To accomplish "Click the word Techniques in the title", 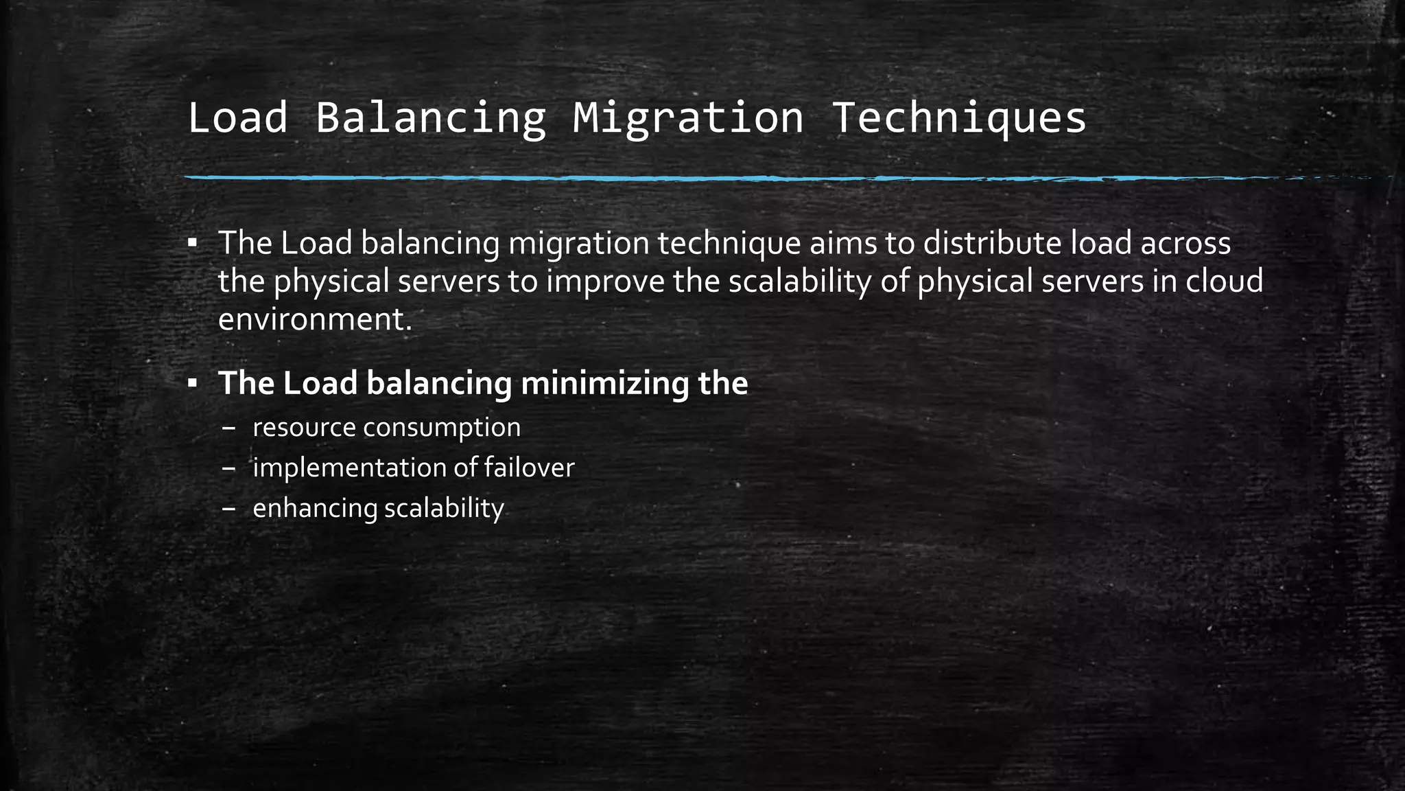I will [958, 118].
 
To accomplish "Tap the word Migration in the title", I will [688, 118].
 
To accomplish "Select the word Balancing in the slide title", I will [430, 118].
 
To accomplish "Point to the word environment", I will [315, 319].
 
